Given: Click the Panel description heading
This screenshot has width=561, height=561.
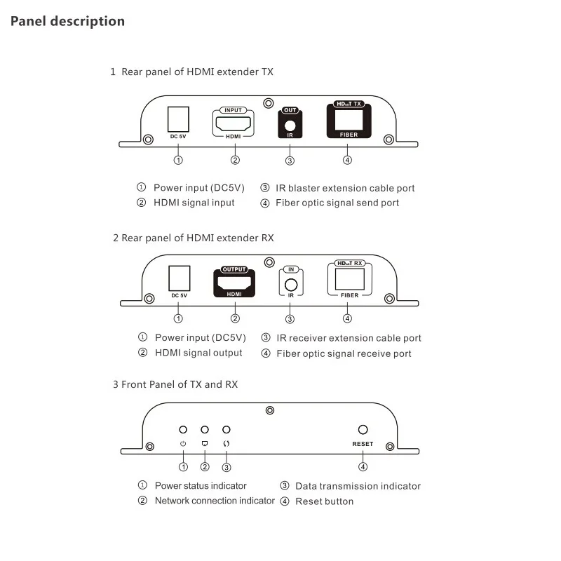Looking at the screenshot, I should [67, 21].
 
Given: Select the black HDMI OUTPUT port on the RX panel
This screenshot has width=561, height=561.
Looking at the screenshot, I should [234, 283].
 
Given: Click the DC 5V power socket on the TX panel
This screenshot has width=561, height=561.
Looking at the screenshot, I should [178, 118].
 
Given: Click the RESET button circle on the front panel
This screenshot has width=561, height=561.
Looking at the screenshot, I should [363, 430].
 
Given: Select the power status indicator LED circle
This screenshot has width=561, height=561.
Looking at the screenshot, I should [183, 429].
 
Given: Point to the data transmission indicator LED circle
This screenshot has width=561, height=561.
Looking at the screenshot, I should [226, 429].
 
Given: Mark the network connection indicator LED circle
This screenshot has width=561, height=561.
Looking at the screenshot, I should [205, 429].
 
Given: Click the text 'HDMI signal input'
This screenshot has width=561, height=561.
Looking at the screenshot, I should [194, 203].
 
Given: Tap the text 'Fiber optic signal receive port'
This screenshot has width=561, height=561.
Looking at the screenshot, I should [344, 353].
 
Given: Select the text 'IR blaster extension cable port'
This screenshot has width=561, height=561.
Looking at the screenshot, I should [345, 188].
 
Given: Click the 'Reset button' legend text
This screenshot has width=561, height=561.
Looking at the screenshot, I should [324, 501].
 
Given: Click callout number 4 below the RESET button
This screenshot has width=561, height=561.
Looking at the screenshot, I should [363, 467].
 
